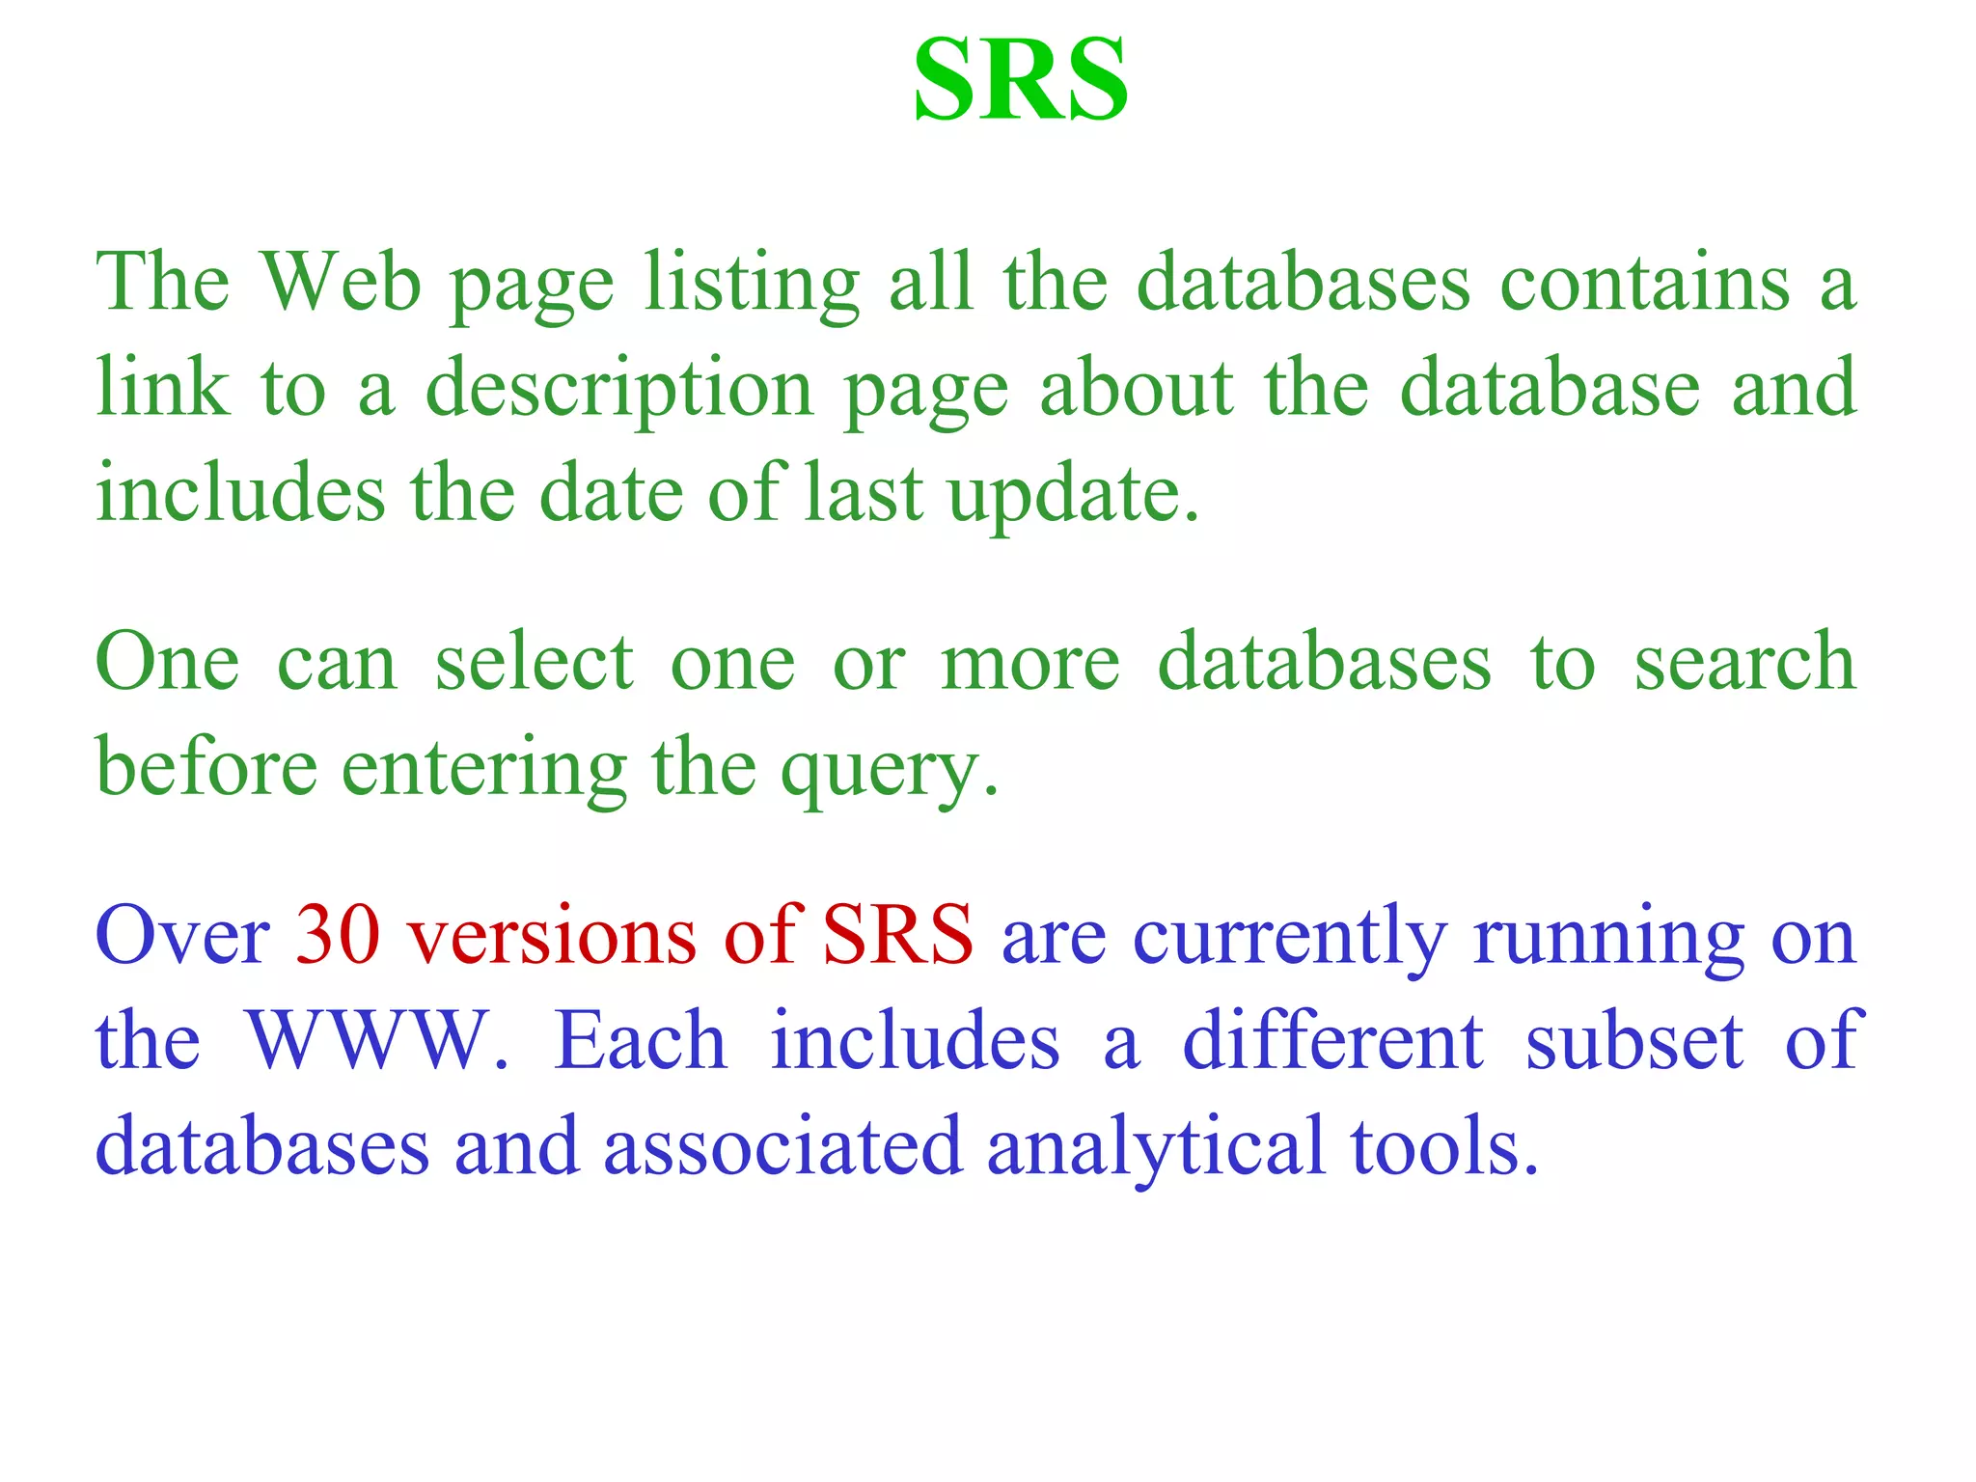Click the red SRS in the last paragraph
click(x=897, y=935)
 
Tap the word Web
click(x=342, y=282)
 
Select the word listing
click(x=752, y=284)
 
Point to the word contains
click(x=1644, y=282)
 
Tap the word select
click(x=534, y=662)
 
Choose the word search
click(x=1744, y=662)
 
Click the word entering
click(x=483, y=768)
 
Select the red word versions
click(x=550, y=935)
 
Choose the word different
click(x=1332, y=1041)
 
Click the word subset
click(x=1634, y=1041)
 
